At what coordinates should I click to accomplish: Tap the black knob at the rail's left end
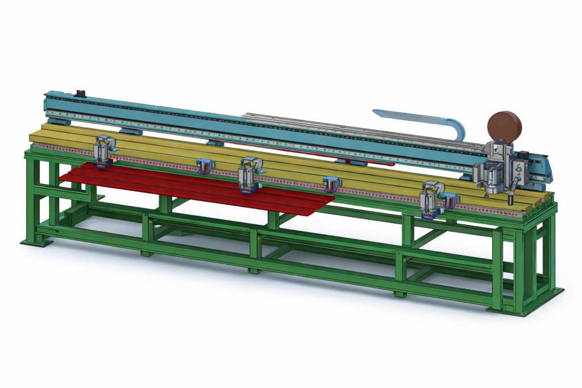(x=81, y=93)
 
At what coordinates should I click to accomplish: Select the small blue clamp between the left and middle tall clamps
(x=205, y=166)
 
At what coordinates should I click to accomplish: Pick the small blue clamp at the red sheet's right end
(x=331, y=183)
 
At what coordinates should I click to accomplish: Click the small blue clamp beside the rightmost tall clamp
(x=450, y=200)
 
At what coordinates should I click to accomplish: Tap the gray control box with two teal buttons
(x=518, y=170)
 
